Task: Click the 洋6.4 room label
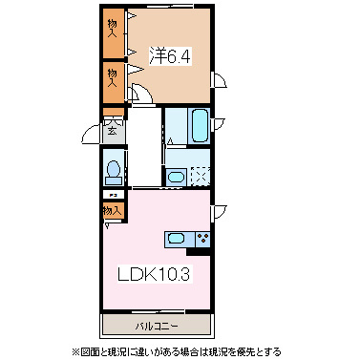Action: click(x=170, y=56)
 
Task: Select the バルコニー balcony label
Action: click(x=155, y=325)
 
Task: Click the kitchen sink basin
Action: click(x=178, y=239)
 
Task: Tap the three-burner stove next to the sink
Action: click(x=201, y=239)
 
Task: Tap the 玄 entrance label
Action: click(x=112, y=131)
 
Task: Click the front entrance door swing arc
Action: click(x=93, y=132)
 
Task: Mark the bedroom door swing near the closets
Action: click(x=140, y=93)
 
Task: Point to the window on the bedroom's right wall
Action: click(x=218, y=82)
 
